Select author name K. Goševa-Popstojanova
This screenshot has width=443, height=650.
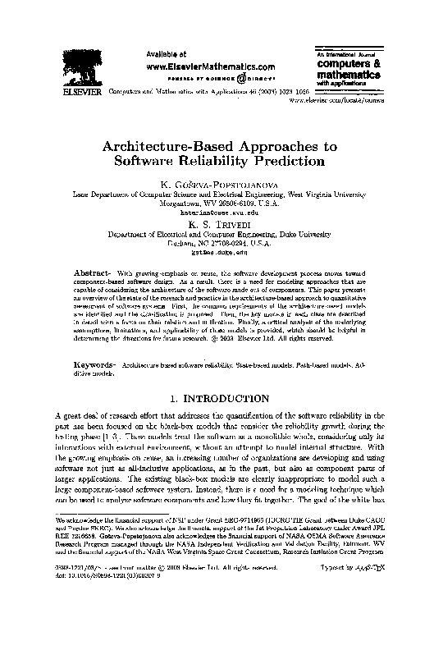point(221,185)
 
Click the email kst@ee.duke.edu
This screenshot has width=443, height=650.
point(221,252)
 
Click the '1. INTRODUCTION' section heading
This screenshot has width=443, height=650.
point(221,398)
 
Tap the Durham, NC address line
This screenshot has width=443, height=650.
point(221,243)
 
